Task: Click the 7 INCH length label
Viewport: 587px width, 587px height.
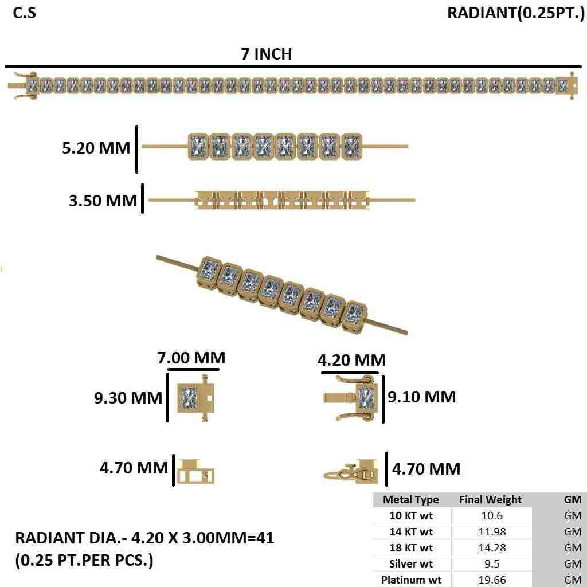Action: point(267,54)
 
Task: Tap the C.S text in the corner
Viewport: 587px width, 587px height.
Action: point(24,13)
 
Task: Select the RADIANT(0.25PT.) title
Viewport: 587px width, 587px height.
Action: point(515,13)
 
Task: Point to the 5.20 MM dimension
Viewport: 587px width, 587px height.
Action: point(96,148)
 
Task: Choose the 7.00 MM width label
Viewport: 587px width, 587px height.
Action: point(191,358)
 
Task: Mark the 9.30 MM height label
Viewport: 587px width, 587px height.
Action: point(128,397)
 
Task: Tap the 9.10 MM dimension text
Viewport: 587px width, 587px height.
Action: point(422,396)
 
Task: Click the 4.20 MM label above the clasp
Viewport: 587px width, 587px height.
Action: point(351,360)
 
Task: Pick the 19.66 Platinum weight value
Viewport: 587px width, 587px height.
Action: point(491,580)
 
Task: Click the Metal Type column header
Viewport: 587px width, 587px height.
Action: point(410,499)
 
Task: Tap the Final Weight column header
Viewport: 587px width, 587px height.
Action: point(490,499)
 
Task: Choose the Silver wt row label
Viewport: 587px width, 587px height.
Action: point(410,563)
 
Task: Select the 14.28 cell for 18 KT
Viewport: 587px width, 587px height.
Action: point(491,547)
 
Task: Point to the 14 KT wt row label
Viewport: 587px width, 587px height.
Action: point(410,531)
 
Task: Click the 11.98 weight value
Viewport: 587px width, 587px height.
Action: point(491,531)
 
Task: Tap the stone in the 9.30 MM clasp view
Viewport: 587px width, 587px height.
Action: point(187,397)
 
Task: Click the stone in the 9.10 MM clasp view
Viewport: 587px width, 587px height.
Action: point(366,397)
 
